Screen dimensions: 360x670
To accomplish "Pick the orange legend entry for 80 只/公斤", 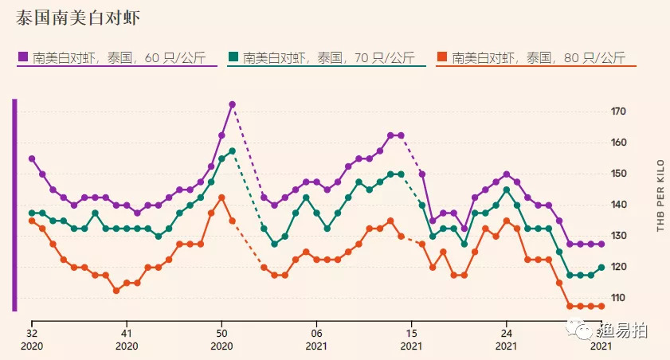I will coord(531,57).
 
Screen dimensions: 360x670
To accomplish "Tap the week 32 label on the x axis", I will coord(32,334).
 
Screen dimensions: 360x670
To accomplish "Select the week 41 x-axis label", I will coord(127,334).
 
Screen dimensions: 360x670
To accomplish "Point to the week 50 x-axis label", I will coord(221,334).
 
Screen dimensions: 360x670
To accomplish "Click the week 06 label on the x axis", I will coord(316,334).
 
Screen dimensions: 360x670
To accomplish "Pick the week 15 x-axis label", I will coord(411,334).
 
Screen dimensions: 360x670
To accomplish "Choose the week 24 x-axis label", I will coord(506,334).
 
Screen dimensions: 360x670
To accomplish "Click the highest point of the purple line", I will coord(232,104).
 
